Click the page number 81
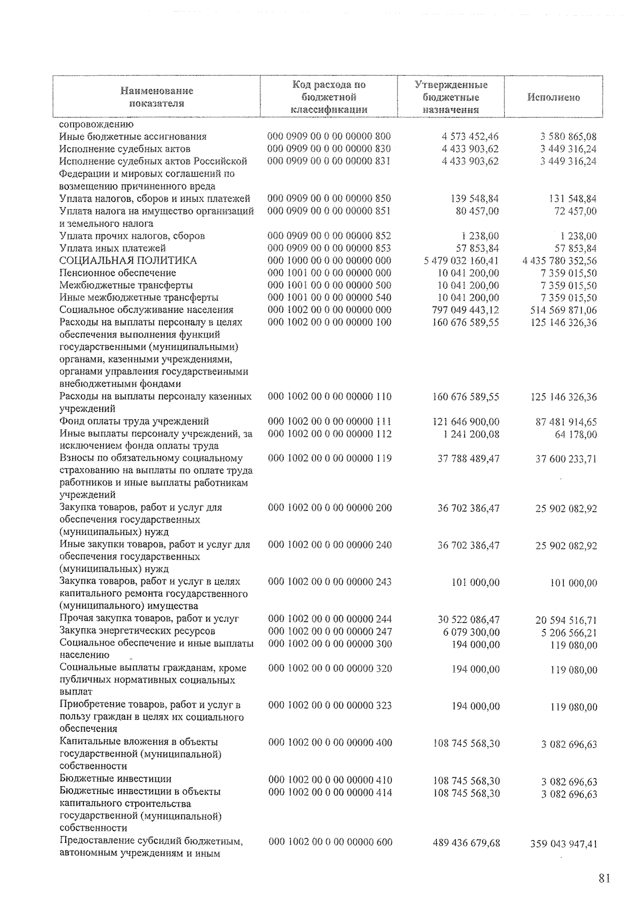[x=604, y=879]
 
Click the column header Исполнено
[x=553, y=98]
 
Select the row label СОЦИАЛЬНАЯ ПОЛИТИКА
[x=128, y=261]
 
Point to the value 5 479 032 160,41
[x=461, y=261]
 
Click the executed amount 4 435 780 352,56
[x=559, y=261]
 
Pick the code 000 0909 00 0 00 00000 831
[x=329, y=161]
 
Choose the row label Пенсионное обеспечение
[x=118, y=273]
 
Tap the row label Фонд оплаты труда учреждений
[x=134, y=421]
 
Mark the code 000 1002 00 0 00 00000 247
[x=330, y=632]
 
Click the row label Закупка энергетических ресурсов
[x=138, y=631]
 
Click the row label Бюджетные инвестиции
[x=116, y=779]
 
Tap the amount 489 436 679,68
[x=466, y=843]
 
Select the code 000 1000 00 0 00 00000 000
[x=329, y=261]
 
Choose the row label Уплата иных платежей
[x=113, y=248]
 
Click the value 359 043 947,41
[x=564, y=844]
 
